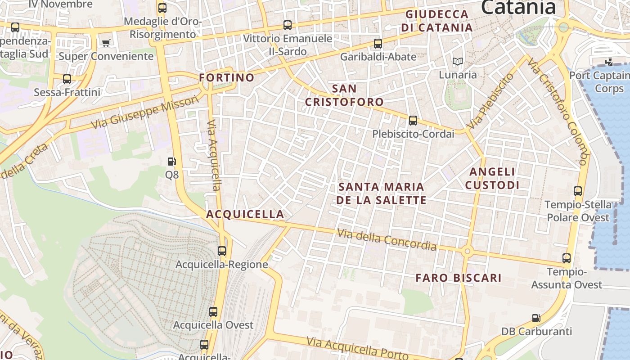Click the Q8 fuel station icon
pyautogui.click(x=171, y=162)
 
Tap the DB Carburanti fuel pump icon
pyautogui.click(x=536, y=318)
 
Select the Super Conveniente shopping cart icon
pyautogui.click(x=106, y=43)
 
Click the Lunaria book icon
pyautogui.click(x=458, y=62)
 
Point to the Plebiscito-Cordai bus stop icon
pyautogui.click(x=413, y=121)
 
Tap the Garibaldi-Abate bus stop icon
pyautogui.click(x=378, y=44)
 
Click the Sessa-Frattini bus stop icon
pyautogui.click(x=67, y=79)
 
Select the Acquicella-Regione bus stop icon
pyautogui.click(x=222, y=251)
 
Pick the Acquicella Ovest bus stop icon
pyautogui.click(x=213, y=311)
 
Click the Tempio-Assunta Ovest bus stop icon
pyautogui.click(x=567, y=258)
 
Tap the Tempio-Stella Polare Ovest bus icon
pyautogui.click(x=578, y=191)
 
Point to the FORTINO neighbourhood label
pyautogui.click(x=227, y=78)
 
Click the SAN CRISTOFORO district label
pyautogui.click(x=344, y=95)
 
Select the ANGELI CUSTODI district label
pyautogui.click(x=492, y=178)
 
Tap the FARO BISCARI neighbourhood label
pyautogui.click(x=458, y=278)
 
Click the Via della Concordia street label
pyautogui.click(x=387, y=240)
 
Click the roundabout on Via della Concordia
pyautogui.click(x=467, y=251)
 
